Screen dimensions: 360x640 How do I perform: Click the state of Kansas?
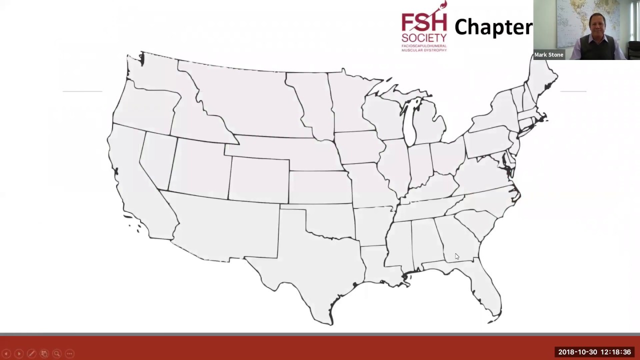coord(320,187)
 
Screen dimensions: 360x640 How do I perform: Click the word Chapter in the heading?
coord(493,27)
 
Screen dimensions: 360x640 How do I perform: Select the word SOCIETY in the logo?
coord(424,38)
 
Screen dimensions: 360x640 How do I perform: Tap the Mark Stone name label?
coord(548,55)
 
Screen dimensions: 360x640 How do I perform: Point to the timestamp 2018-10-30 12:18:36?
coord(594,352)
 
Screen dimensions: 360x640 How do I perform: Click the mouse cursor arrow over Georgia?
coord(456,256)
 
